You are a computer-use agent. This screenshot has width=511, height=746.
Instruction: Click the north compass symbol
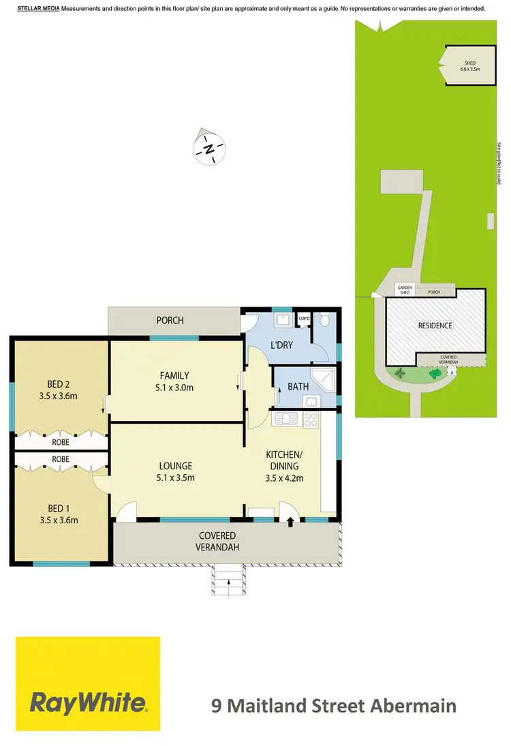point(211,148)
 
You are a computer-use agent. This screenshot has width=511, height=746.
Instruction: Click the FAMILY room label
point(175,375)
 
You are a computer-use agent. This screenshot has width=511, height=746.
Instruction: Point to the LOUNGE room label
point(176,466)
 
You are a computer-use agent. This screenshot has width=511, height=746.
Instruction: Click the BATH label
point(298,386)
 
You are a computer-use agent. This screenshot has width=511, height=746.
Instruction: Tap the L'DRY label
point(281,345)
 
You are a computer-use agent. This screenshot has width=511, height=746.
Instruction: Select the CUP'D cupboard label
point(304,319)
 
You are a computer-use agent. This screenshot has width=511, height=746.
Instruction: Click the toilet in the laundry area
point(325,320)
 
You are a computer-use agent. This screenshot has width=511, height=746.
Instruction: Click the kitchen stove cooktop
point(310,419)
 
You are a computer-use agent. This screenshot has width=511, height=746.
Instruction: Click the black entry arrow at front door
point(291,523)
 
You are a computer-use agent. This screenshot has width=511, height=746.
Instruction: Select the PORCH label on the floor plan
point(170,320)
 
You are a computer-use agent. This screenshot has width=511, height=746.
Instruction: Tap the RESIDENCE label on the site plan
point(435,326)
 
